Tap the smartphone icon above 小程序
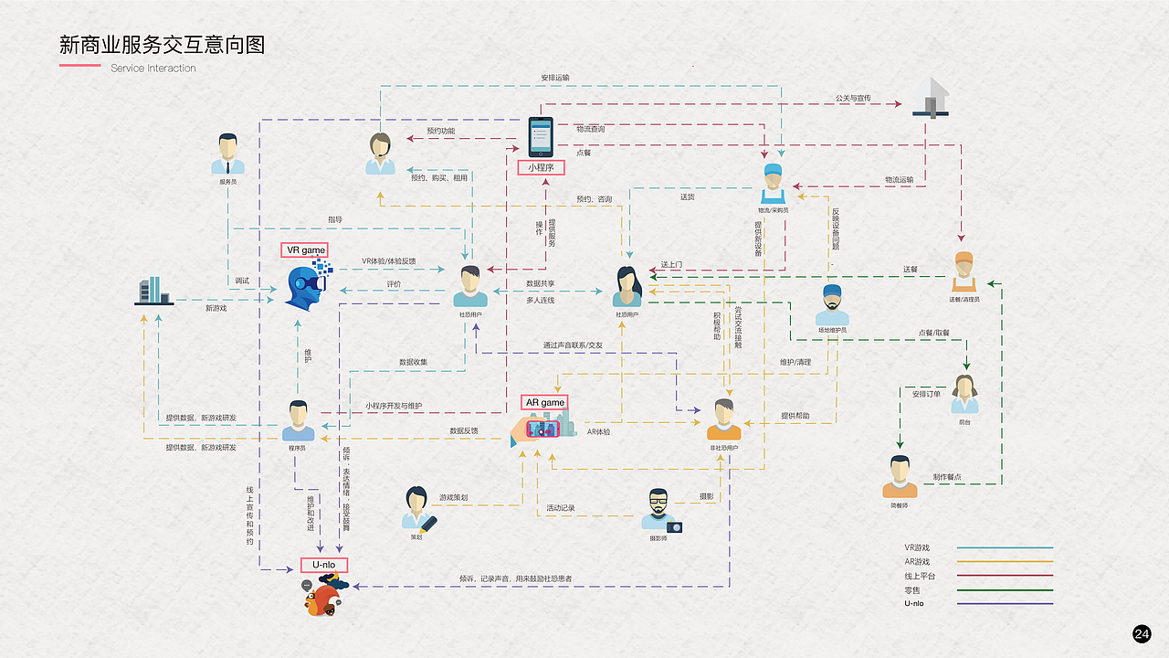541,136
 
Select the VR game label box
306,249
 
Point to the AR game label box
545,402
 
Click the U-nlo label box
324,565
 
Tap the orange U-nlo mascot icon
322,598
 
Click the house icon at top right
932,97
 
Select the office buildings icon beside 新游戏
153,291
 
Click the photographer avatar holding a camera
660,510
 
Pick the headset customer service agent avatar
381,153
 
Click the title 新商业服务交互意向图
163,45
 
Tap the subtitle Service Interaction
153,68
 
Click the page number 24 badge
1142,634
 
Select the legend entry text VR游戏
917,547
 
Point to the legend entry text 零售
913,589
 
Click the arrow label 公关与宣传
853,98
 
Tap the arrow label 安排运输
555,78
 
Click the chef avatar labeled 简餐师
900,475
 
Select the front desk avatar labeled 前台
964,394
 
